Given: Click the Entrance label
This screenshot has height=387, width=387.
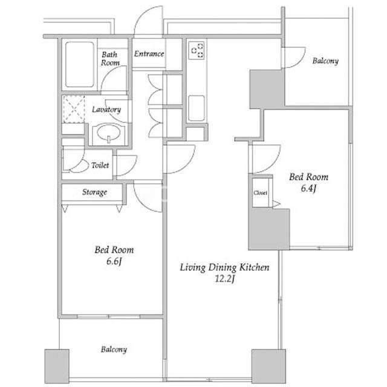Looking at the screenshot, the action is (x=149, y=54).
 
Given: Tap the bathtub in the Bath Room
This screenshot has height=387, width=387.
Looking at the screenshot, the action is (x=79, y=64).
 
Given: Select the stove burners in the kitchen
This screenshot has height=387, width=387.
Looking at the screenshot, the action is (x=197, y=50).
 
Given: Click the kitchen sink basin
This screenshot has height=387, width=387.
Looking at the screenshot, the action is (x=197, y=108).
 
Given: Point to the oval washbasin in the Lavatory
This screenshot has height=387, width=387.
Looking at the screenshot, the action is (x=108, y=133).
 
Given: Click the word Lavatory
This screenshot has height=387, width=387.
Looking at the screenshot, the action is (x=106, y=109).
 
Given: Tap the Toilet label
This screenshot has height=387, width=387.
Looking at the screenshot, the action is (x=100, y=165).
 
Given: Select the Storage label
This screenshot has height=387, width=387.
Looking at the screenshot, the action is (x=94, y=192).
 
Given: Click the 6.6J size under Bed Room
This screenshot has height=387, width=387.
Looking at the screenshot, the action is (x=114, y=261).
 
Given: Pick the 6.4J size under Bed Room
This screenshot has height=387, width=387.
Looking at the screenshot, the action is (x=308, y=188).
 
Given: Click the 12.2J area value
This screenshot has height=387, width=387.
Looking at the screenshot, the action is (x=224, y=279).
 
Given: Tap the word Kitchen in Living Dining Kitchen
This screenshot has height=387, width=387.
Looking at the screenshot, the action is (x=255, y=267).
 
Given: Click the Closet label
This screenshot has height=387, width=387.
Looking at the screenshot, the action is (x=260, y=193).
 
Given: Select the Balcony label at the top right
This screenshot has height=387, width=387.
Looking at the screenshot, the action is (x=325, y=60).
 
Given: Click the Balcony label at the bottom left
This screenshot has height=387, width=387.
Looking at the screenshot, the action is (x=114, y=350).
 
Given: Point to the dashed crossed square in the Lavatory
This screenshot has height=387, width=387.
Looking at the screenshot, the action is (x=74, y=109).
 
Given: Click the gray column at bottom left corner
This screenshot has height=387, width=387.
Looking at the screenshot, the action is (x=57, y=366).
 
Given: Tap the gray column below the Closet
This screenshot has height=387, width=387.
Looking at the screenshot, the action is (x=268, y=229).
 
